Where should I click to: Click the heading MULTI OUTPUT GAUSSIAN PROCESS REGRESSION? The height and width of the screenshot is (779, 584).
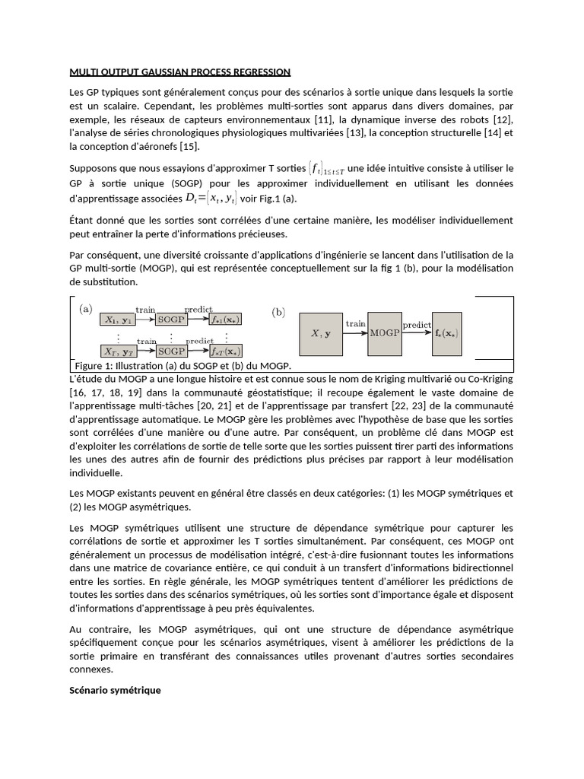[179, 72]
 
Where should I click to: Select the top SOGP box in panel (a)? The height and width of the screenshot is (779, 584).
[171, 320]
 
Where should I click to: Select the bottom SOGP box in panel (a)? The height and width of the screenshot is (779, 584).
[171, 351]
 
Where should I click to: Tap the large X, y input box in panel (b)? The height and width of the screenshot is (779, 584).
[321, 333]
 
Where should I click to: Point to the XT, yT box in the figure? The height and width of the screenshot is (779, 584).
[119, 351]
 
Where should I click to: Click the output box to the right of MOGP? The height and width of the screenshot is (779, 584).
[446, 333]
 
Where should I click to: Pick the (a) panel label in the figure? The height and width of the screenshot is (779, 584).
[87, 310]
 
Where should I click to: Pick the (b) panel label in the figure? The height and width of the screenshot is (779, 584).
[278, 312]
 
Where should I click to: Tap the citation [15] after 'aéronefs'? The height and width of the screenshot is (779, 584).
[189, 147]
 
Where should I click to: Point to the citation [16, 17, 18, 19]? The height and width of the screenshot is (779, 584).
[95, 393]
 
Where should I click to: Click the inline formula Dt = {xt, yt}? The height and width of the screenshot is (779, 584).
[211, 199]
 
